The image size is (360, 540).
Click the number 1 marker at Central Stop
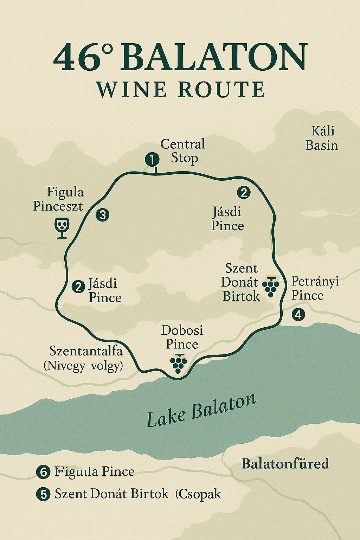(152, 160)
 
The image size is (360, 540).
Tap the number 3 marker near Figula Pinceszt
(102, 214)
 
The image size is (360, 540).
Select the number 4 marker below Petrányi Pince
(298, 314)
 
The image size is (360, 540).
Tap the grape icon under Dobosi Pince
(178, 363)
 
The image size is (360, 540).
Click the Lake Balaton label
(201, 410)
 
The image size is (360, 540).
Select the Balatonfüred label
(285, 464)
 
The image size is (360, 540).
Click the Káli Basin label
(322, 138)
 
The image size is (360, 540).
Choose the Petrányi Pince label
(315, 288)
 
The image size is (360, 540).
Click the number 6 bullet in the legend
(43, 472)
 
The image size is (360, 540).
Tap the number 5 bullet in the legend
(43, 494)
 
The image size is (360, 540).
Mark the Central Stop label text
(183, 151)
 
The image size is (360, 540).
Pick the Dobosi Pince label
(182, 337)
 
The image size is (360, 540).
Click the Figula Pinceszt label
(58, 199)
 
